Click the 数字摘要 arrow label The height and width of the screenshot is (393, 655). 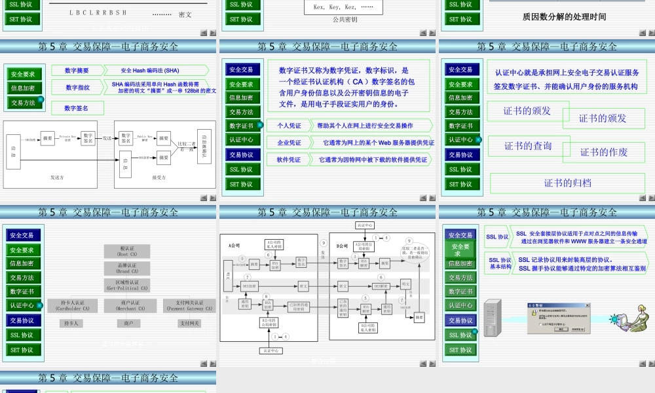[x=77, y=71]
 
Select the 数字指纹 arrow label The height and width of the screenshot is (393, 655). [x=77, y=87]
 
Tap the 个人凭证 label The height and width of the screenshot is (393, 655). [x=289, y=125]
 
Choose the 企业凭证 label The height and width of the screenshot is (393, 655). [x=289, y=142]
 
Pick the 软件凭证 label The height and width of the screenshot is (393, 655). [x=289, y=159]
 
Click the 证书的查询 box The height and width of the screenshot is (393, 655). [x=528, y=145]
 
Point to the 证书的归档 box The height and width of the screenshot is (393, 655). [x=567, y=183]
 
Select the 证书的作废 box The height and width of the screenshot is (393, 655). [x=603, y=152]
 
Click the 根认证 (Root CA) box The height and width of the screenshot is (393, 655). [x=127, y=251]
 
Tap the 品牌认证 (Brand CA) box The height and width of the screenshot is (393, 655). [x=127, y=268]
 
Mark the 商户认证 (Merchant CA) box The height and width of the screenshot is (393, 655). [x=127, y=305]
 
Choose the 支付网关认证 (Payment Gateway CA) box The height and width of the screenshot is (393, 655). [x=189, y=305]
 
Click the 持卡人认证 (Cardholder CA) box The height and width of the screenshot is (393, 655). [x=69, y=305]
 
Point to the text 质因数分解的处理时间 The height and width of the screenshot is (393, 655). [x=564, y=17]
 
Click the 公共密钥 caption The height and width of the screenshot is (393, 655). [x=345, y=20]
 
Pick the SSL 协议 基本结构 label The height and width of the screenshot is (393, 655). [x=500, y=263]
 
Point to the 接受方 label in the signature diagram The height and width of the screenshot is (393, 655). [x=159, y=177]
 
